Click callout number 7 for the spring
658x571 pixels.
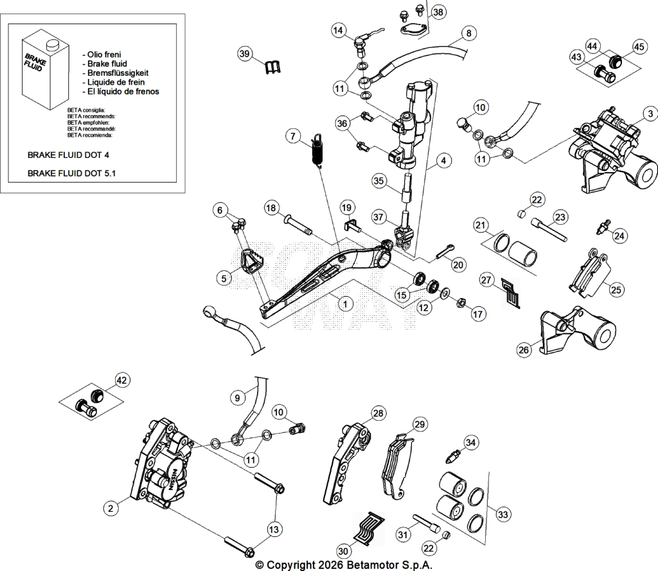[x=293, y=136]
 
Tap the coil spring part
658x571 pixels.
[x=317, y=150]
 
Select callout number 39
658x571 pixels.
[x=244, y=54]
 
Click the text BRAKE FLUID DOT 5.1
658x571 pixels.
[x=71, y=173]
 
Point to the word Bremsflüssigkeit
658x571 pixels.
[x=118, y=73]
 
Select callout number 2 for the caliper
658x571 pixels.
[x=111, y=509]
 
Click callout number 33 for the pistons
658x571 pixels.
[x=503, y=514]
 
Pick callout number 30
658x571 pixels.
[x=343, y=551]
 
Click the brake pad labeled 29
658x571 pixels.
[x=396, y=466]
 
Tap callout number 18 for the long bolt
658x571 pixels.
[x=271, y=207]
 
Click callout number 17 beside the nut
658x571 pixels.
[x=478, y=314]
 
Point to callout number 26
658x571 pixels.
[x=524, y=350]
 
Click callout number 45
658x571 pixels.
[x=639, y=47]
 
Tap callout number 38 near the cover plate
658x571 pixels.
[x=438, y=12]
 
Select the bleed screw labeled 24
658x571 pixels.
[x=601, y=227]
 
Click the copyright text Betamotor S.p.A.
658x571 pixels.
[x=390, y=565]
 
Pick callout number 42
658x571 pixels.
[x=121, y=380]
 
